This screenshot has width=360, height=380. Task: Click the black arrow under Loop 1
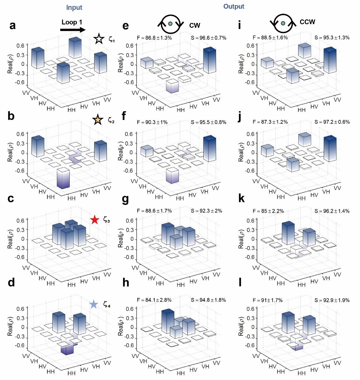pos(73,30)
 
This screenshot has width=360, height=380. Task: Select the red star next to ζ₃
pos(95,220)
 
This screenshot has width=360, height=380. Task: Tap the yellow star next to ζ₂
pos(98,120)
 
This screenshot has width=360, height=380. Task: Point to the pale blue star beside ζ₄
pos(94,305)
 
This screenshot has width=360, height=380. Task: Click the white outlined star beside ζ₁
pos(99,39)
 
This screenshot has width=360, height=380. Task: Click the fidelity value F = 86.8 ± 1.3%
pos(154,38)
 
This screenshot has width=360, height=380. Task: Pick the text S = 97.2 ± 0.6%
pos(332,122)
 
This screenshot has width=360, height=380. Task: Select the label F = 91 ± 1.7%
pos(268,300)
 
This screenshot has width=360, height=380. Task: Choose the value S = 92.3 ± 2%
pos(208,211)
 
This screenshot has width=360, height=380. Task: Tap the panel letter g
pos(125,199)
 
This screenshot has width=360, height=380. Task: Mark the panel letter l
pos(240,282)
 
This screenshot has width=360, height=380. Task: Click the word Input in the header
pos(74,7)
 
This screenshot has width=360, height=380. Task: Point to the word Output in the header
pos(234,7)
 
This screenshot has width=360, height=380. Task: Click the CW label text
pos(195,26)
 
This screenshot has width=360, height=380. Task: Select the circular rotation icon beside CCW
pos(283,23)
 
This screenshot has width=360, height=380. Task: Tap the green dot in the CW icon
pos(170,24)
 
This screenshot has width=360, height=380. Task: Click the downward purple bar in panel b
pos(63,178)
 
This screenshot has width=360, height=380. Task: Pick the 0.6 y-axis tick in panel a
pos(20,46)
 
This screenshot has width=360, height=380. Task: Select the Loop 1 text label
pos(72,22)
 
